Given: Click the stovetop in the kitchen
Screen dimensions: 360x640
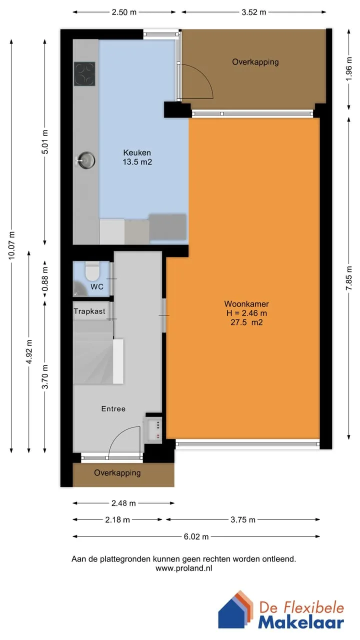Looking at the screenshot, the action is (84, 74).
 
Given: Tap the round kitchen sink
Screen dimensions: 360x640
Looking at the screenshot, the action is (86, 160).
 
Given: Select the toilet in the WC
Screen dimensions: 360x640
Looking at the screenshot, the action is (92, 271).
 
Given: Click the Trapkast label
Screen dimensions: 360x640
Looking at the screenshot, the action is (89, 311).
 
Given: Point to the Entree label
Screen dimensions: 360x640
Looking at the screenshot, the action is (113, 409).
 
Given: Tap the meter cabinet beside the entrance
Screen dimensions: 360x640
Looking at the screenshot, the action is (153, 430).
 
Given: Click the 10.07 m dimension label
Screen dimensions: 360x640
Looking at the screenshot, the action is (11, 245).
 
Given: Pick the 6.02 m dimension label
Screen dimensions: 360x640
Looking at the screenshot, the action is (196, 536).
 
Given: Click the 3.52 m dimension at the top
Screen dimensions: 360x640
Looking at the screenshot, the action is (253, 12).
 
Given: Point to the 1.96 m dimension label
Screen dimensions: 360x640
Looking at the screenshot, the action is (349, 69).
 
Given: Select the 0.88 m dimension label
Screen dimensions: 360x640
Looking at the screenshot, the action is (45, 279).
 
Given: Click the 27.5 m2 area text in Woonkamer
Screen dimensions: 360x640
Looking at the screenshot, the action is (246, 322).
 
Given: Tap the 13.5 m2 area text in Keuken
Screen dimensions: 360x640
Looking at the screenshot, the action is (137, 162).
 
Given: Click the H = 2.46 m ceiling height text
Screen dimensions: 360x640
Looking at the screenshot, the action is (246, 313).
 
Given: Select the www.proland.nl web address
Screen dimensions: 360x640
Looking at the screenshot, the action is (183, 568).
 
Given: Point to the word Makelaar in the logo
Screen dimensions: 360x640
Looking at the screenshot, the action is (301, 622).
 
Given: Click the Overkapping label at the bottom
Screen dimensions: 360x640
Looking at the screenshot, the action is (117, 473).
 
